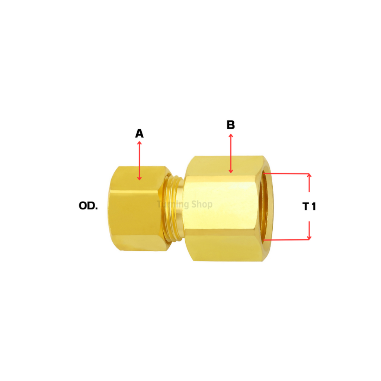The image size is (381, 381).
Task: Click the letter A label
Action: [x=139, y=134]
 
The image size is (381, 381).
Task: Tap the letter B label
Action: [x=231, y=125]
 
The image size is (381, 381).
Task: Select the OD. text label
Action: [x=88, y=206]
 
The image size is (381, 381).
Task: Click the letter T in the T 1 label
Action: [x=305, y=207]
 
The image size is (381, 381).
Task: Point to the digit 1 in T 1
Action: [x=313, y=207]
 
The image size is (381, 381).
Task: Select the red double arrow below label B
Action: [x=231, y=153]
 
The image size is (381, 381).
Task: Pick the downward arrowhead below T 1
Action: [x=309, y=237]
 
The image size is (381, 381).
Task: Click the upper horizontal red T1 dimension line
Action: [x=286, y=173]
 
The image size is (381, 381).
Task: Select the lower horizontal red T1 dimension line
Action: [x=286, y=240]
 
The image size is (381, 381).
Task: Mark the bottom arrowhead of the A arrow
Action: [x=140, y=178]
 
